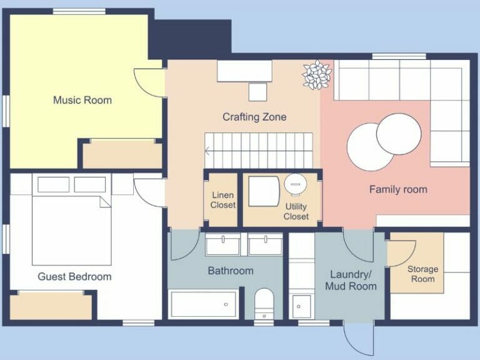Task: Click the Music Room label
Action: pos(82,100)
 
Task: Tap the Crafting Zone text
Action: pos(254,117)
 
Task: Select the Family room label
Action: pos(398,189)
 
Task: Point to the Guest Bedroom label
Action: pos(74,276)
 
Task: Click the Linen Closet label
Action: pos(222,200)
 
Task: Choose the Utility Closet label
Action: pos(296,211)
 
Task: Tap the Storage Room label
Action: pos(422,274)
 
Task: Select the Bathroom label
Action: pos(231,271)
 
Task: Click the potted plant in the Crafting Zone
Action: pos(317,74)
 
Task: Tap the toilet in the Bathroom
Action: pos(264,303)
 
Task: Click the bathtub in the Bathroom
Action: pos(203,304)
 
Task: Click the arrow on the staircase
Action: pos(208,151)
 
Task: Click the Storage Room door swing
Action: pos(398,253)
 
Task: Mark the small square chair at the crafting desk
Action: pos(257,91)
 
